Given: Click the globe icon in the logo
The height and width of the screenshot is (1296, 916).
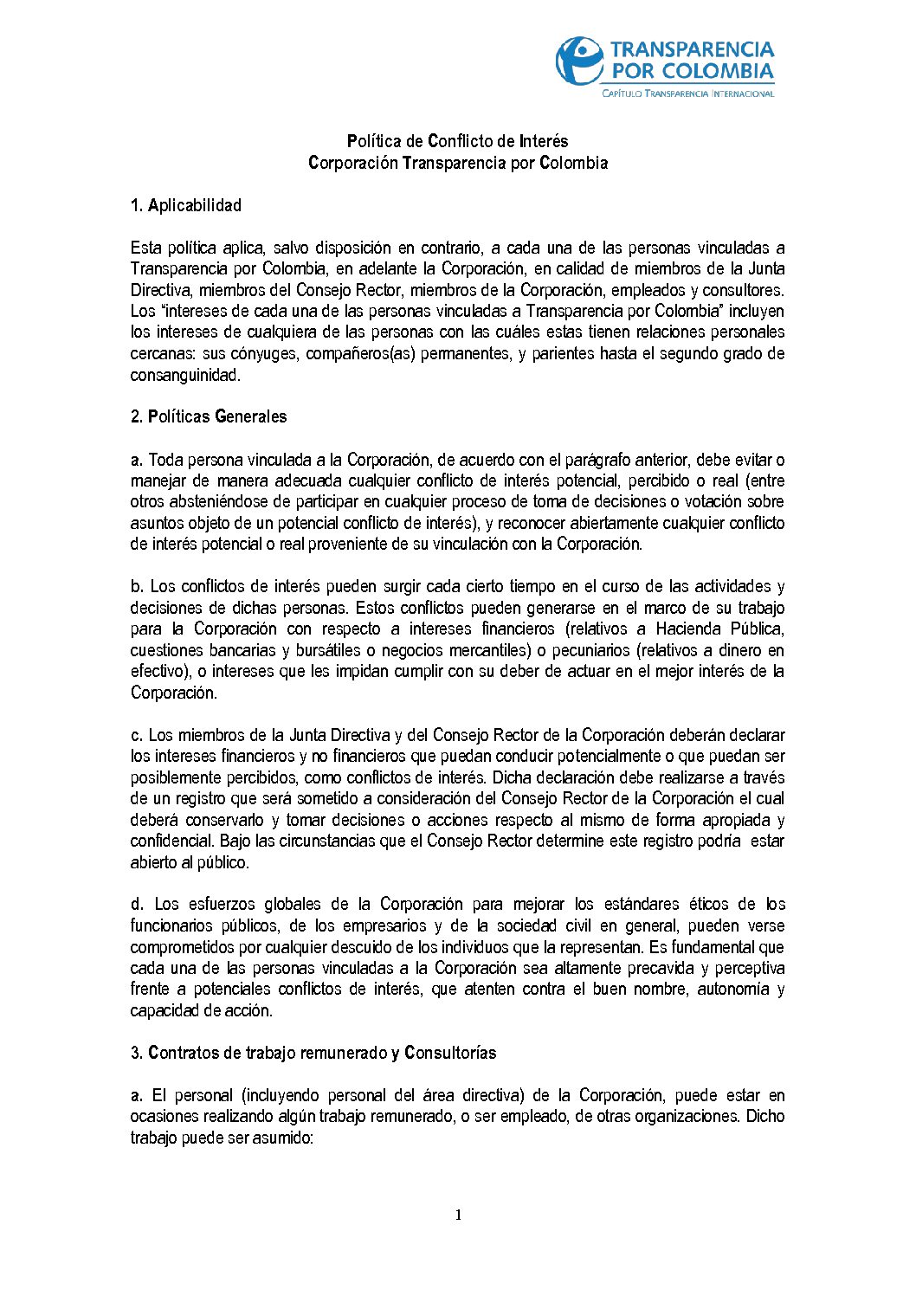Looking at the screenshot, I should [579, 60].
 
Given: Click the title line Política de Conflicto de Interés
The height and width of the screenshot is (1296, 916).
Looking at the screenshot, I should [457, 141].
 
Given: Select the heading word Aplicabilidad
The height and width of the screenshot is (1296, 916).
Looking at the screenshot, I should [195, 205].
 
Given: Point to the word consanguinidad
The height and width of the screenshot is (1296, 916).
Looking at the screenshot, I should [184, 375].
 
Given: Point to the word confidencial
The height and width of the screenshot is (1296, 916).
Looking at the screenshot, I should [171, 841].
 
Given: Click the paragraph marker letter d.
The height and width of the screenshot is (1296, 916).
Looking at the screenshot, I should [136, 904].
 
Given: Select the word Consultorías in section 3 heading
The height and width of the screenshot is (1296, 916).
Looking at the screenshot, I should [450, 1053].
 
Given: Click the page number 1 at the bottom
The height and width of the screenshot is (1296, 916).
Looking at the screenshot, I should [458, 1215].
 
